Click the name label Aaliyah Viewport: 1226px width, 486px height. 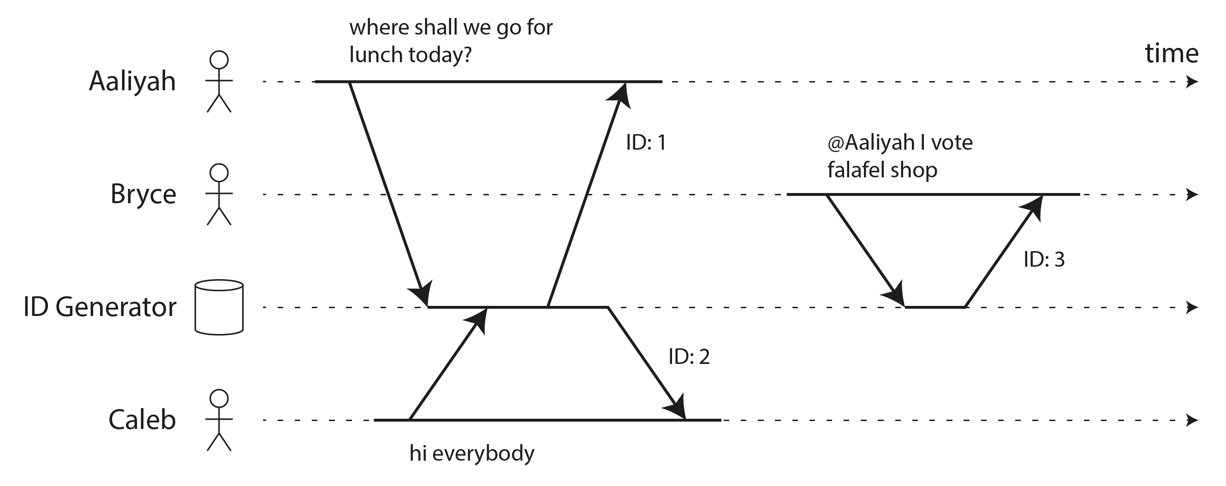132,82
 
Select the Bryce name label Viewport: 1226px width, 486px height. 143,194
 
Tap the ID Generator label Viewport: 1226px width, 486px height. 100,307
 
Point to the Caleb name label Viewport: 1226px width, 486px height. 142,420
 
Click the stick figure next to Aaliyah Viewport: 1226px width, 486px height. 219,82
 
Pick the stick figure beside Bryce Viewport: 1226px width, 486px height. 219,194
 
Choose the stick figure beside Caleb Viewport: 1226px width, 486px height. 219,420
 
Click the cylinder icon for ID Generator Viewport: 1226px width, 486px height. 219,307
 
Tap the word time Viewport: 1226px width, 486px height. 1171,53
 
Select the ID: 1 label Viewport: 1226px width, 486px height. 645,143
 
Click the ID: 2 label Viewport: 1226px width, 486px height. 689,357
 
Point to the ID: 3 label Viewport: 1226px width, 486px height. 1044,260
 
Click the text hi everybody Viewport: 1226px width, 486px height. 472,453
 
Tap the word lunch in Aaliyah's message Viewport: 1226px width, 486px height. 375,55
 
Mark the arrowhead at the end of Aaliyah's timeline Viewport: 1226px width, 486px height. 1192,82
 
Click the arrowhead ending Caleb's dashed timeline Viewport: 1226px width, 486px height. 1192,421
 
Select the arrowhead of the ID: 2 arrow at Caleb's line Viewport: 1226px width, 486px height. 677,408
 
